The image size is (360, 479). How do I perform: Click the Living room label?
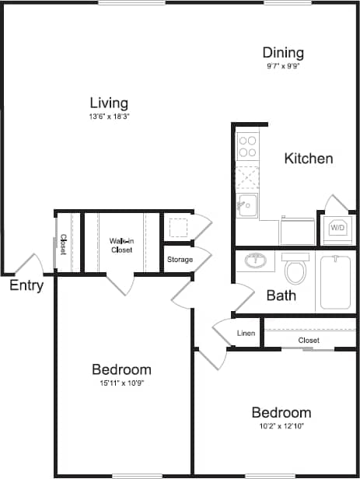coord(109,103)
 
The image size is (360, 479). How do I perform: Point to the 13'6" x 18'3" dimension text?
coord(109,117)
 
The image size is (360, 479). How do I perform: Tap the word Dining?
coord(282,52)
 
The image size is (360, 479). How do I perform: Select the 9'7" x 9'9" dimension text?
coord(282,66)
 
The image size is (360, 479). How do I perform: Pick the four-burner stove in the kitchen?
coord(247,147)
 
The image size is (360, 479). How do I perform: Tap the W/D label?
coord(337,229)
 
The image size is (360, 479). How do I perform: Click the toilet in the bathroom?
coord(295,269)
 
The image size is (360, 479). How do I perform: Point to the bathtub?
coord(335,281)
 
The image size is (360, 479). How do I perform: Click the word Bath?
coord(281,295)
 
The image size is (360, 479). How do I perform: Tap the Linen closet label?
coord(246,334)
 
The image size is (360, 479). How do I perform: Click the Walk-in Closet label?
coord(121,246)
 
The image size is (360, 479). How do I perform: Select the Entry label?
coord(26,286)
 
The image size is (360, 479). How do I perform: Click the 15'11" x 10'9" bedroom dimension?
coord(121,383)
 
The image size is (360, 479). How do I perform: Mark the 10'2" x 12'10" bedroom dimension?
coord(281,427)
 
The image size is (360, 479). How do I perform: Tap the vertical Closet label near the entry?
coord(63,245)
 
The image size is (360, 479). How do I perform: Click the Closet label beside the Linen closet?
coord(309,341)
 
